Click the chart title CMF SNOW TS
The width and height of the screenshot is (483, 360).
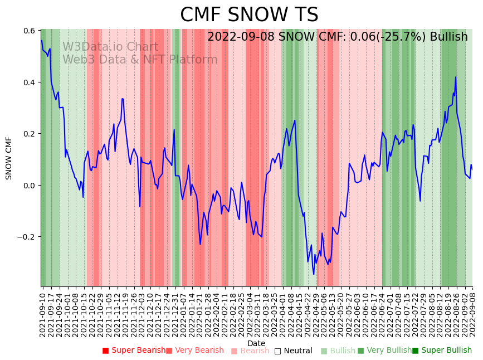point(249,15)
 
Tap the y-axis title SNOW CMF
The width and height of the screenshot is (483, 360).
point(9,158)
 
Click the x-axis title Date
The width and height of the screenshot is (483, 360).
point(256,343)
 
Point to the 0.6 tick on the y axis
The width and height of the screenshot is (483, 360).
point(30,31)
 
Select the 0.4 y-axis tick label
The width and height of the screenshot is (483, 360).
point(30,82)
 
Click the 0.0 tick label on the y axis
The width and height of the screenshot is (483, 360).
point(30,185)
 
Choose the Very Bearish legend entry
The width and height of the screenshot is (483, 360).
point(194,351)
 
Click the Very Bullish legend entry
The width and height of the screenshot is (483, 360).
point(384,351)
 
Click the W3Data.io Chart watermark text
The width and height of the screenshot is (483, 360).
point(110,47)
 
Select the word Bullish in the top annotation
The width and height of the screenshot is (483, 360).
point(448,37)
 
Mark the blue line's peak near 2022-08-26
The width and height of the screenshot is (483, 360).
point(455,77)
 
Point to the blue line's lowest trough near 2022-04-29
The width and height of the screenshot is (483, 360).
point(314,274)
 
